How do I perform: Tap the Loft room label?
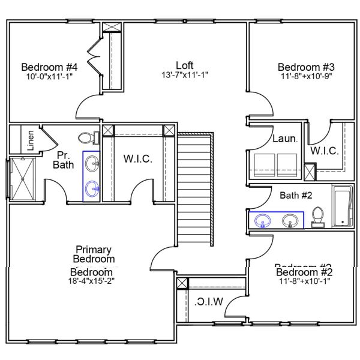[185, 65]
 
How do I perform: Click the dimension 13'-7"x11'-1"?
[185, 76]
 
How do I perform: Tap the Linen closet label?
[31, 140]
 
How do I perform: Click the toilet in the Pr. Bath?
[92, 138]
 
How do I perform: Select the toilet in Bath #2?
[319, 217]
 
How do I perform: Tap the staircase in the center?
[195, 189]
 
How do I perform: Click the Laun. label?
[284, 139]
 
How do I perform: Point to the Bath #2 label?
[296, 194]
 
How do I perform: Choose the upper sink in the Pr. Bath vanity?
[93, 163]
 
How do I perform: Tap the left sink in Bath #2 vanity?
[263, 221]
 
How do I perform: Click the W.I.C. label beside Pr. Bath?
[139, 159]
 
